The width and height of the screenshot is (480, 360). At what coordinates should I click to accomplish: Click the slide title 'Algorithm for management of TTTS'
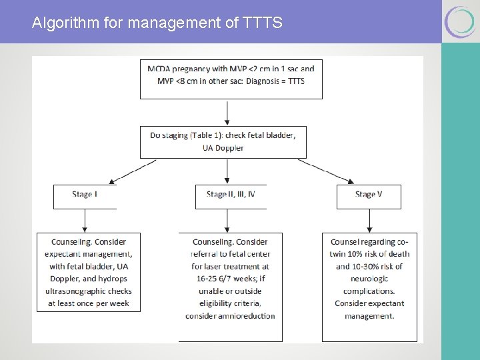157,23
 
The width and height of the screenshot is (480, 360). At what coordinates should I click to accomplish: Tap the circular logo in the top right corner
460,21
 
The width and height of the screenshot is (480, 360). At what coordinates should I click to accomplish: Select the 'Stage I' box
85,195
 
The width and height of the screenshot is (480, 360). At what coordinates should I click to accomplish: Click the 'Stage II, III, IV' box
231,195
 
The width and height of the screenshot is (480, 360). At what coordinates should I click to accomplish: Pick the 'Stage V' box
369,195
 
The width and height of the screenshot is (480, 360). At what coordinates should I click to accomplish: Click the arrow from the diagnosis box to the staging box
228,112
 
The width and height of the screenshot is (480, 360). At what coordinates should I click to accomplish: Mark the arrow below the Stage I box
85,220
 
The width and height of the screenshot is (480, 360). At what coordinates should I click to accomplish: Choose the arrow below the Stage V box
369,220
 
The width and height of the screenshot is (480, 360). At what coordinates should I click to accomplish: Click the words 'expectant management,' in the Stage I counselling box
89,254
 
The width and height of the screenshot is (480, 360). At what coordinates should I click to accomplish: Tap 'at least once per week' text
89,303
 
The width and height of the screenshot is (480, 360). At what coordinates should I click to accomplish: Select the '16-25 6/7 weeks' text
231,279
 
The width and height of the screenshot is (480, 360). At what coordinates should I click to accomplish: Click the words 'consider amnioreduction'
231,315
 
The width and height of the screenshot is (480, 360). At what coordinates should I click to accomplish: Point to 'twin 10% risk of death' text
369,254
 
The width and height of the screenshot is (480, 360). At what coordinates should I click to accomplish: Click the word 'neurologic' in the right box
369,279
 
